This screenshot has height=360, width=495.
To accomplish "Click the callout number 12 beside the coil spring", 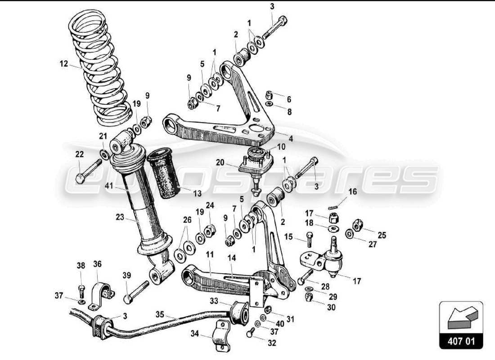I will [63, 64].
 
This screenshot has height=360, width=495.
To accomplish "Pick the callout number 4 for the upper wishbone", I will [291, 139].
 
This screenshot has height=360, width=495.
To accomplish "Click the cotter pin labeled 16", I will [334, 207].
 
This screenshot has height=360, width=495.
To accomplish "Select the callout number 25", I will [382, 235].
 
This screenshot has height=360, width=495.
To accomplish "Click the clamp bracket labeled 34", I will [219, 333].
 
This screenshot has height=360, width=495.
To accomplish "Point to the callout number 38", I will [81, 266].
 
